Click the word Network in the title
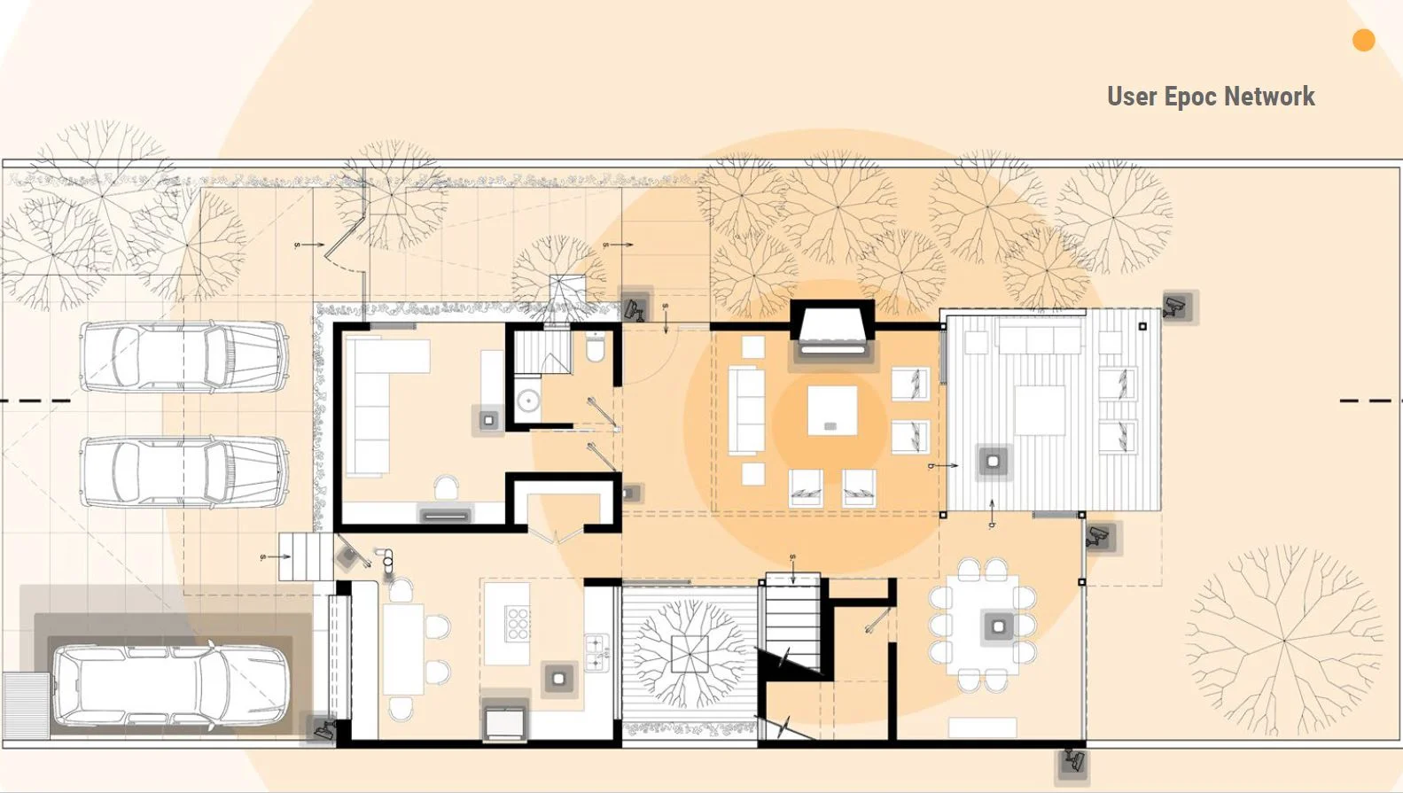pos(1269,97)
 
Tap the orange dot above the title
pos(1363,40)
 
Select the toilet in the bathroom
pos(595,347)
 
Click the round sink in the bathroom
pos(528,400)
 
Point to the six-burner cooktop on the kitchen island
pos(518,623)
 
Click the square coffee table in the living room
pos(831,410)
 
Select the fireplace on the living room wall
pos(832,330)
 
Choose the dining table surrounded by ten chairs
pos(982,626)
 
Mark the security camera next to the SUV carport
pos(323,728)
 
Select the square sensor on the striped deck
pos(994,463)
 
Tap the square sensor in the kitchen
pos(558,679)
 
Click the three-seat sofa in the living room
pos(746,410)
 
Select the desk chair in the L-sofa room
pos(447,486)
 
